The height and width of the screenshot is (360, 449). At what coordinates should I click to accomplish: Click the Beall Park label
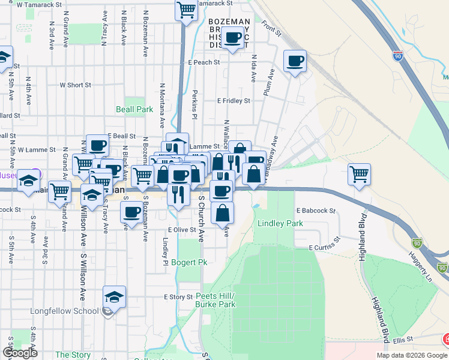coord(134,110)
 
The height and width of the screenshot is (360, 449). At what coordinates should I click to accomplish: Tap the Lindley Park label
coord(280,223)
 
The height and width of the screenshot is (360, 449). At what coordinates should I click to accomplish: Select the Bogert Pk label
coord(188,263)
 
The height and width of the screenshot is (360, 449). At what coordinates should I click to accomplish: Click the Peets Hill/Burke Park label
coord(215,300)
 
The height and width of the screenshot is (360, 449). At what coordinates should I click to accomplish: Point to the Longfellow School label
coord(64,311)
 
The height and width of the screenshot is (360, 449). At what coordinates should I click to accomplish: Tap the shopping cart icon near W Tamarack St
coord(187,10)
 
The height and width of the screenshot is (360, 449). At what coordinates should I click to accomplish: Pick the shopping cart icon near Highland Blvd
coord(359,174)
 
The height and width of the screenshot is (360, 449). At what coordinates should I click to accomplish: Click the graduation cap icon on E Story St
coord(114,297)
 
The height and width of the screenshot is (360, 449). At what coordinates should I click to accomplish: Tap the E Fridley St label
coord(234,101)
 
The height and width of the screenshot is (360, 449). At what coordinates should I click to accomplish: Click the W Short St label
coord(75,85)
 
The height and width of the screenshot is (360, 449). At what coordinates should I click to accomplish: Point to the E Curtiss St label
coord(324,247)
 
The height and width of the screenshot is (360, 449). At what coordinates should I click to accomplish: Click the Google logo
coord(20,352)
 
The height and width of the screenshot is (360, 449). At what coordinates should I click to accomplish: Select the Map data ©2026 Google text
coord(412,355)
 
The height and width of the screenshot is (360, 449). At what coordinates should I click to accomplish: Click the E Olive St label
coord(182,229)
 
